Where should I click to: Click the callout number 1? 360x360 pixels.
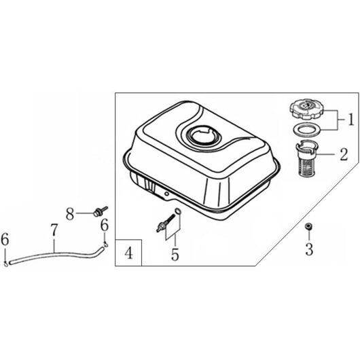[350, 120]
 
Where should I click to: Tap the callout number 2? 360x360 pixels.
[344, 154]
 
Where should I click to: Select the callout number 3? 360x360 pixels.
[309, 249]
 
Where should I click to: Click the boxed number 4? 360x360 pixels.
[128, 253]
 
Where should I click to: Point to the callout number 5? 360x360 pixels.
[175, 255]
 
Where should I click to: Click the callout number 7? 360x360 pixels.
[54, 230]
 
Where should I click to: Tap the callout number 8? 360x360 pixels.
[70, 214]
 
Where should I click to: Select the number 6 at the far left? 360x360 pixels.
[5, 239]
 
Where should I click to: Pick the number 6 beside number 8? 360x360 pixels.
[105, 225]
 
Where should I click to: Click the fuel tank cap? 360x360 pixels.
[307, 110]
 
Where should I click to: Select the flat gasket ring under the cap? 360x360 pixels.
[307, 130]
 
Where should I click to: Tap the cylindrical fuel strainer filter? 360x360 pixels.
[307, 158]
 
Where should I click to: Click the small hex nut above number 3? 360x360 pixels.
[308, 226]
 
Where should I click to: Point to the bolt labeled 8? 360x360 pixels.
[100, 211]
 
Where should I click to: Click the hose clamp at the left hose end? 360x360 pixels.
[5, 264]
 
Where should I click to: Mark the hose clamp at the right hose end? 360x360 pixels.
[105, 245]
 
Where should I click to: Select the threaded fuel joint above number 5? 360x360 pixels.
[166, 221]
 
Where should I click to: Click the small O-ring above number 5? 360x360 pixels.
[178, 211]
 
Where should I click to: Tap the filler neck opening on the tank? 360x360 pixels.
[204, 137]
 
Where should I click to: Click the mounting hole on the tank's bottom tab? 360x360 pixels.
[167, 194]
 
